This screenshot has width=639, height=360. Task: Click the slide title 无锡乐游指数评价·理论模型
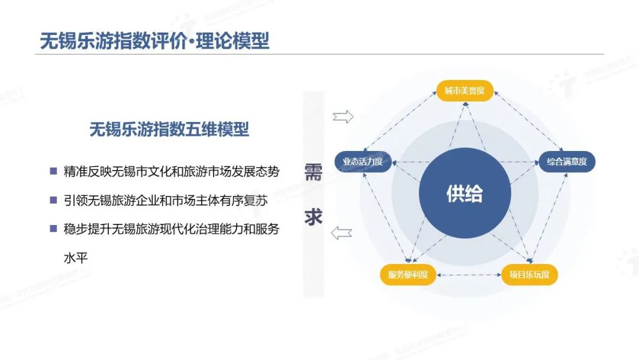(154, 41)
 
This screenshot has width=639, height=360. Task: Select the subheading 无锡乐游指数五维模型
(169, 130)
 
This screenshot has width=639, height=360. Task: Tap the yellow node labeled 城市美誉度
(464, 91)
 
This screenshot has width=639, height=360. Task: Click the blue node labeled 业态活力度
(363, 162)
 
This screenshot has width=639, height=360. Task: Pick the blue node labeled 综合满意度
(567, 162)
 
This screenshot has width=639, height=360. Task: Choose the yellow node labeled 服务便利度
(408, 275)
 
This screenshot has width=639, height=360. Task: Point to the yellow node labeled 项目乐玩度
(530, 275)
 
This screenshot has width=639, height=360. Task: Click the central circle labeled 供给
(465, 193)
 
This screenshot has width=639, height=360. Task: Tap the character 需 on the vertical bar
(314, 172)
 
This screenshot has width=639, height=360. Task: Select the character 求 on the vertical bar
(314, 217)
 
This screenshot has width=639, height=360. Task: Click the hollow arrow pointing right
(343, 117)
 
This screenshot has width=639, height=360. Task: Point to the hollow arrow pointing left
(341, 233)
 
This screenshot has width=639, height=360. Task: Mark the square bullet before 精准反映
(53, 171)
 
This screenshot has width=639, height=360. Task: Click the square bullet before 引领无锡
(53, 200)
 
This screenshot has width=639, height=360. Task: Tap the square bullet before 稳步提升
(53, 229)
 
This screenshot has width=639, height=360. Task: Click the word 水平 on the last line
(76, 258)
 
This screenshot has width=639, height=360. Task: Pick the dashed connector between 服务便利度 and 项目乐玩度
(469, 275)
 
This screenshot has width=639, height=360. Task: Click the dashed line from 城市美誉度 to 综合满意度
(528, 121)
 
